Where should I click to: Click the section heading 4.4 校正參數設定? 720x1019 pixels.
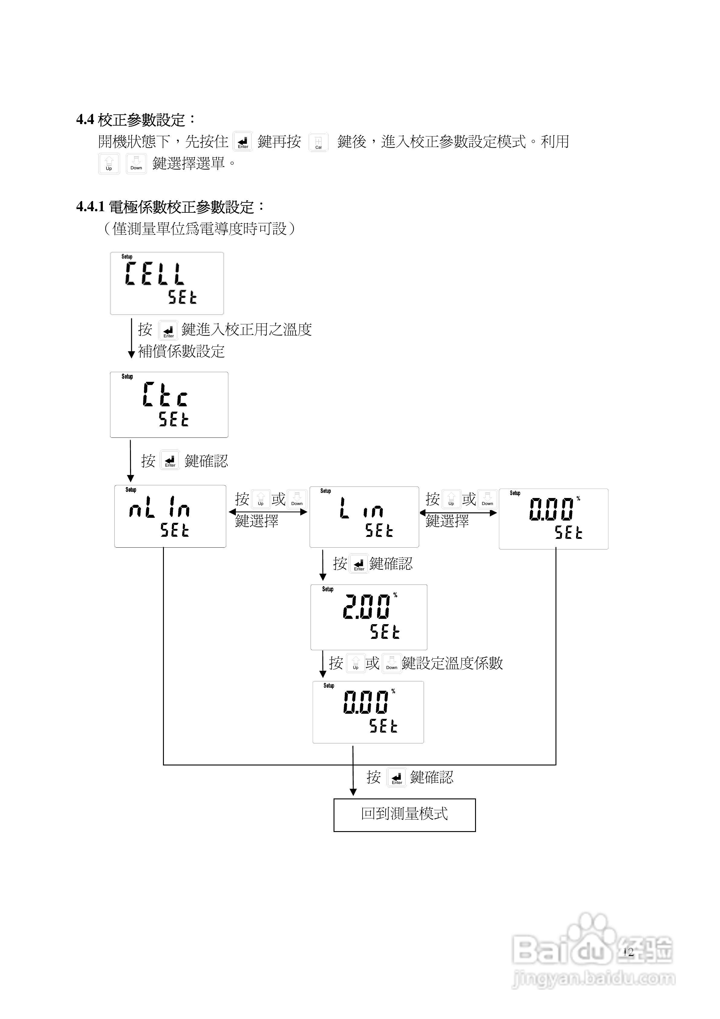[x=136, y=120]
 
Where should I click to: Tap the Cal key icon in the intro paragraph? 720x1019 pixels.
[x=318, y=142]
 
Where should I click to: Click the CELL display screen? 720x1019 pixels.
[x=167, y=283]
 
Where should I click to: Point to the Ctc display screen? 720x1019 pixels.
[x=169, y=405]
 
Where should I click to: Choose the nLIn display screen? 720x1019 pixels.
[x=170, y=516]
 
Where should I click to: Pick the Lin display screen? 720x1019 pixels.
[x=364, y=517]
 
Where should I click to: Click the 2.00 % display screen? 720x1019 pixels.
[x=368, y=617]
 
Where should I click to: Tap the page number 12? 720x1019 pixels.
[x=628, y=952]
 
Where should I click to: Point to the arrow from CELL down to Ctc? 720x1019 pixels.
[x=131, y=338]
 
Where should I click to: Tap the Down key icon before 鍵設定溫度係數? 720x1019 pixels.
[x=391, y=664]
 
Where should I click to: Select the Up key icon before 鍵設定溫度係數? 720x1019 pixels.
[x=355, y=664]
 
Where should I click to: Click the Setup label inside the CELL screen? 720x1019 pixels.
[x=127, y=257]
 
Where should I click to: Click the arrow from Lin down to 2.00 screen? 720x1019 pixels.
[x=323, y=565]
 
